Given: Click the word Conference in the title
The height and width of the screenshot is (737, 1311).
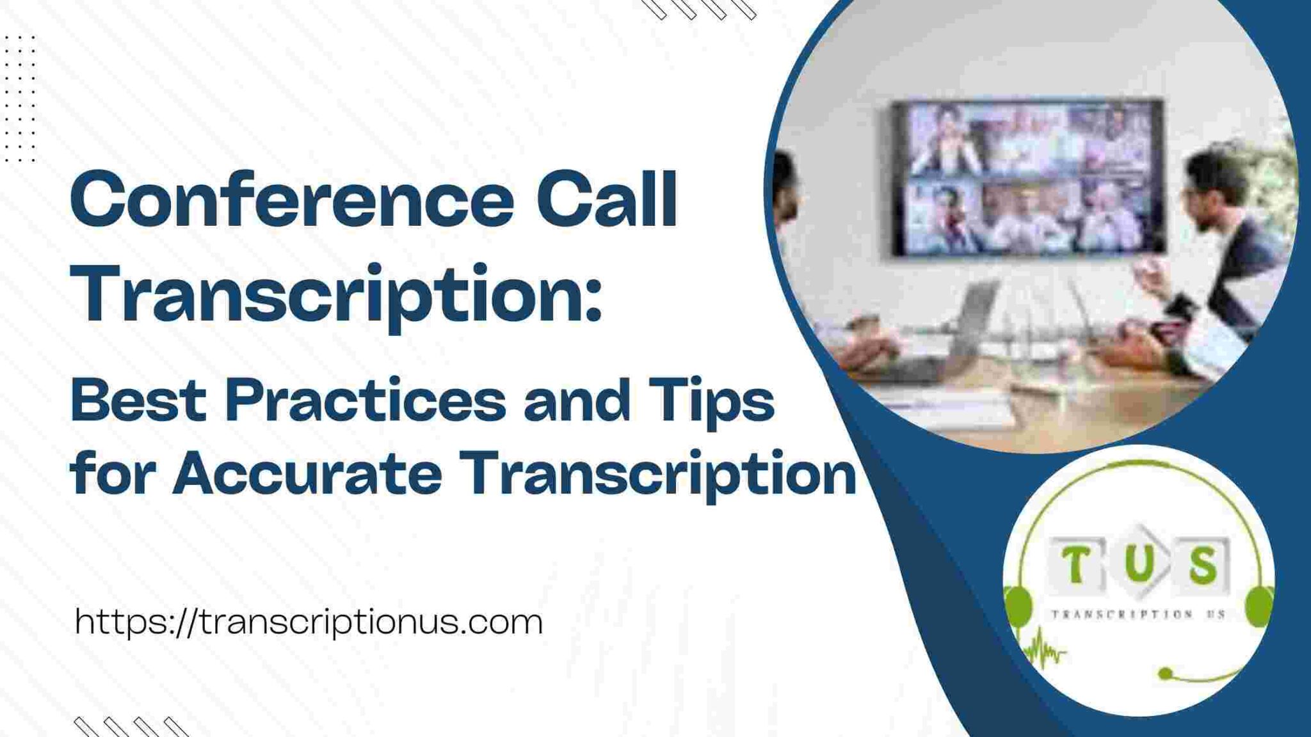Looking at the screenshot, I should [291, 200].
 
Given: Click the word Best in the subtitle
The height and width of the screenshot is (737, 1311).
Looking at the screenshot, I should [138, 401].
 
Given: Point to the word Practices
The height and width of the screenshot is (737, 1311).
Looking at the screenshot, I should [365, 401].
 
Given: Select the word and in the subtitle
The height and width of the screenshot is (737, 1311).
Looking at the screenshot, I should [576, 401].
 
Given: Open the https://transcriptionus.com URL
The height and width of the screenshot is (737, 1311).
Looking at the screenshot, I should [309, 622].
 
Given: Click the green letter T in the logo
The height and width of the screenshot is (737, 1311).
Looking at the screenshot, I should [1077, 564].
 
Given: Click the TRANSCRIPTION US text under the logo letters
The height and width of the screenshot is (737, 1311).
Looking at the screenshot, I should [1138, 614].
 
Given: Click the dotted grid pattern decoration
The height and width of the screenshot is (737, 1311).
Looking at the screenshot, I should [20, 99].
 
